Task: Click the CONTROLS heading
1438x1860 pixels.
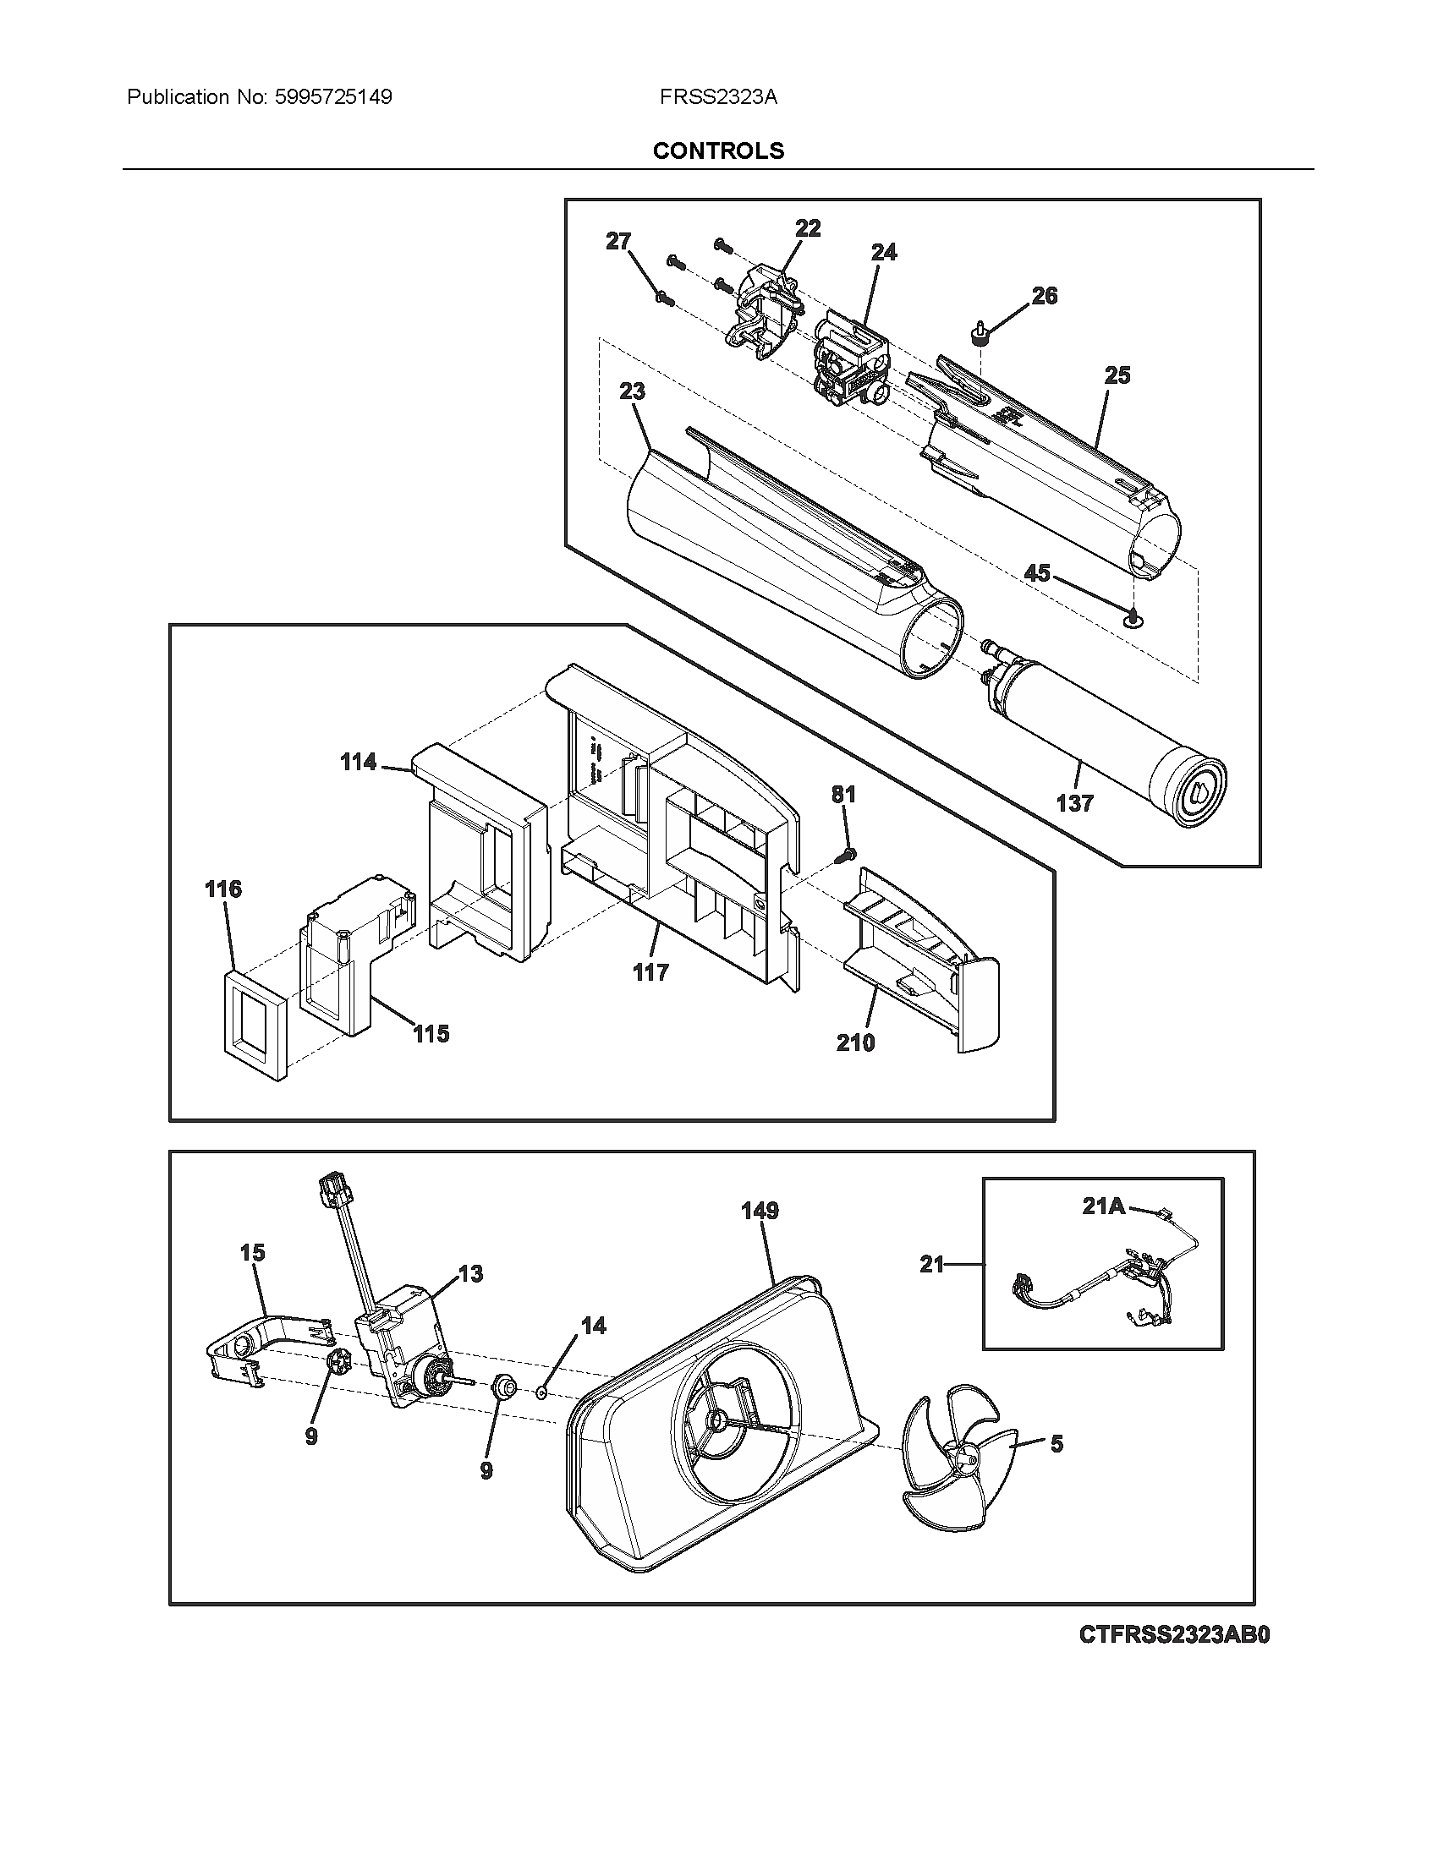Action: pos(718,150)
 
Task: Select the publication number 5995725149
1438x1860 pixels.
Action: pos(333,97)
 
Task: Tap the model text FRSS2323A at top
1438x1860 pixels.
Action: pos(718,97)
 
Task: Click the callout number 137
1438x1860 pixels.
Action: pos(1074,802)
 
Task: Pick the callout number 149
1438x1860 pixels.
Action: pos(760,1210)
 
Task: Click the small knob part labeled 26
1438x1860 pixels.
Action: pos(981,334)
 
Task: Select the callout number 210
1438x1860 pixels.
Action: pos(855,1042)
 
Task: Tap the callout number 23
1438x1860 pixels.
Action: pos(632,391)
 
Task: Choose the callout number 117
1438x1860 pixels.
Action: pos(650,971)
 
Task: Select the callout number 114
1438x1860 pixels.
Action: pos(358,762)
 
